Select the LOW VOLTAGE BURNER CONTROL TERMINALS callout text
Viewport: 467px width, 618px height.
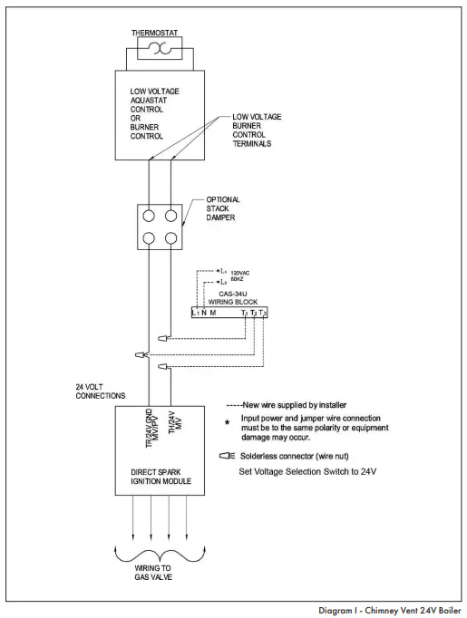coord(259,130)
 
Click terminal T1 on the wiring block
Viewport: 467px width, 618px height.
coord(244,313)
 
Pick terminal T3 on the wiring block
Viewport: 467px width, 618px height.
coord(264,313)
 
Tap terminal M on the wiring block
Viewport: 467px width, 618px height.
coord(213,313)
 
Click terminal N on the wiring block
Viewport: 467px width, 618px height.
coord(204,313)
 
